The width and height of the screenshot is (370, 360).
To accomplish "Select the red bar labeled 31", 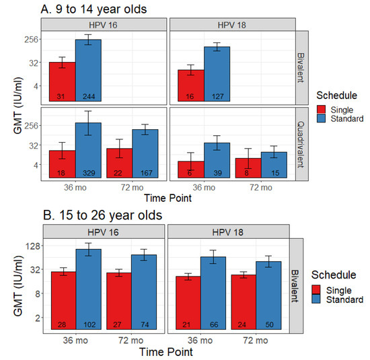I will [62, 81].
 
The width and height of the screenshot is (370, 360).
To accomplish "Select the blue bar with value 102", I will [88, 289].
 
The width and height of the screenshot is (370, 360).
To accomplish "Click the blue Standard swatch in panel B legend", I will [320, 299].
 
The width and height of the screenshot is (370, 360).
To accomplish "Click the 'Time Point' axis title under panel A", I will [167, 199].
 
